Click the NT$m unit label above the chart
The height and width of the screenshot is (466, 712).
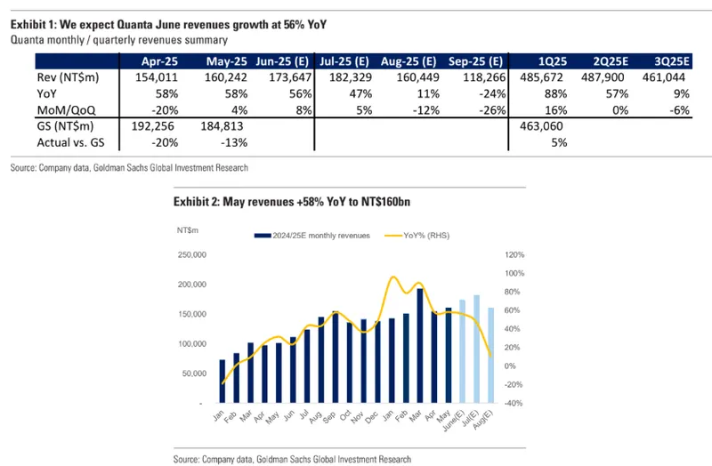click(187, 230)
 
